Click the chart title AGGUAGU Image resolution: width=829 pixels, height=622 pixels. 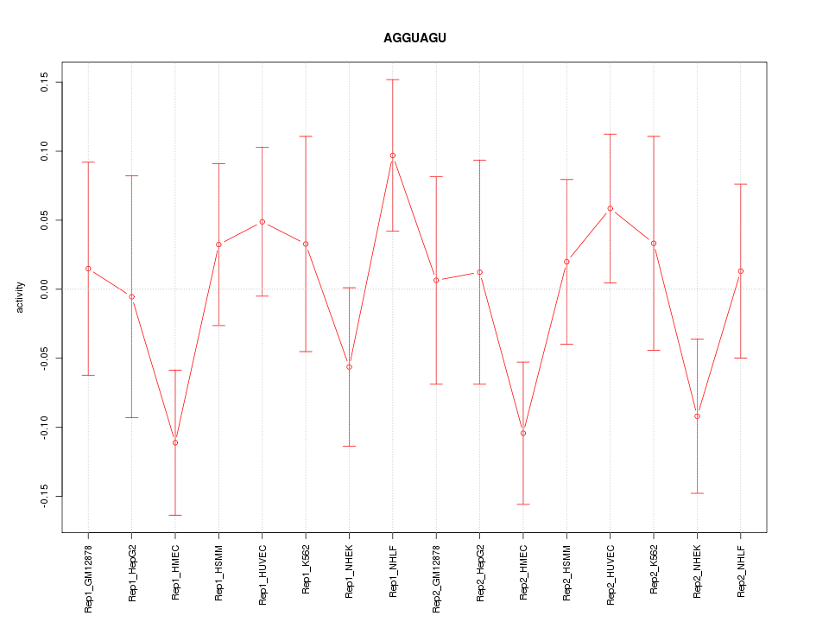click(414, 38)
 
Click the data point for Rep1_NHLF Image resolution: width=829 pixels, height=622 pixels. click(393, 155)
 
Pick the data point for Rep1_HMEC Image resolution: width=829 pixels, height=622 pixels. click(175, 442)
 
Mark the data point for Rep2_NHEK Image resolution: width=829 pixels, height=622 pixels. click(697, 416)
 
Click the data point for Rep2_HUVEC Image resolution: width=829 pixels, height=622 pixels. click(611, 208)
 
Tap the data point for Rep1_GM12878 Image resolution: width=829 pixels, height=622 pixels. click(88, 269)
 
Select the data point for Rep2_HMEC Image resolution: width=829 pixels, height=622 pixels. click(523, 433)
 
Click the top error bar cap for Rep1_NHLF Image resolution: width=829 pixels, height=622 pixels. click(393, 79)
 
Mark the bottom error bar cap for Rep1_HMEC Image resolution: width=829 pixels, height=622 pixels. click(175, 515)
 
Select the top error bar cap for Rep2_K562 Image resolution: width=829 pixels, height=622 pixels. click(654, 136)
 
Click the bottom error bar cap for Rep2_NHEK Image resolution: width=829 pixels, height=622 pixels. click(697, 493)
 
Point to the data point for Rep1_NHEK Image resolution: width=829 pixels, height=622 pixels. click(349, 367)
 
